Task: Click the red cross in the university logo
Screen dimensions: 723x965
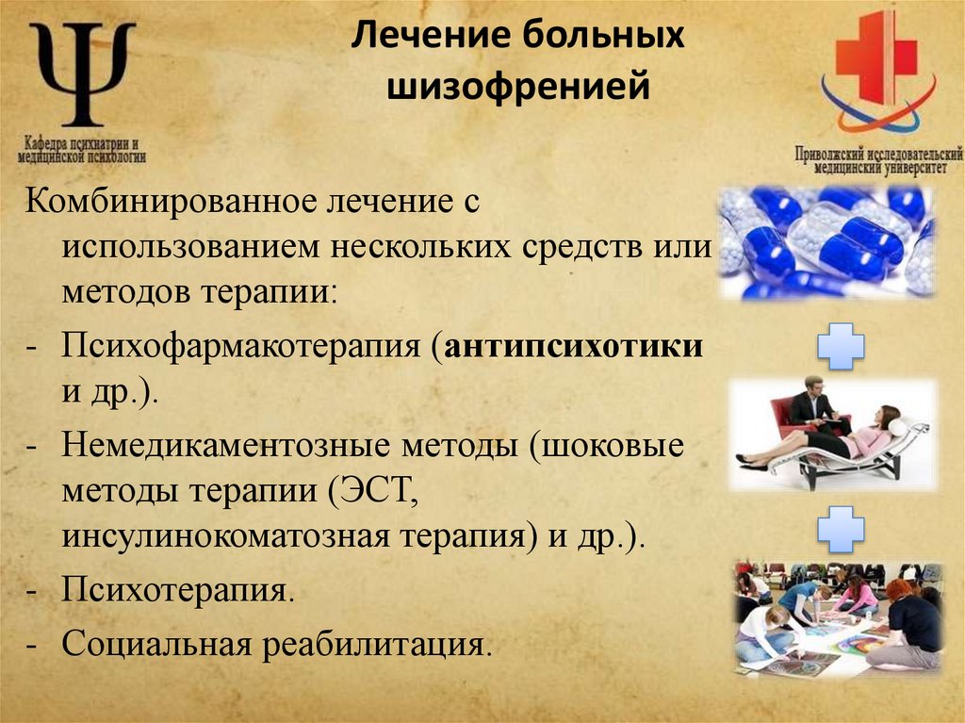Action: [875, 56]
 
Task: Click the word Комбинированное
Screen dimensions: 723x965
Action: [169, 200]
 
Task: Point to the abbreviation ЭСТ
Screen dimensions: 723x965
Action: [372, 491]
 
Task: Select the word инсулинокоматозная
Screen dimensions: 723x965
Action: [220, 537]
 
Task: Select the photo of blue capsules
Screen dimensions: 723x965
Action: [826, 242]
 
